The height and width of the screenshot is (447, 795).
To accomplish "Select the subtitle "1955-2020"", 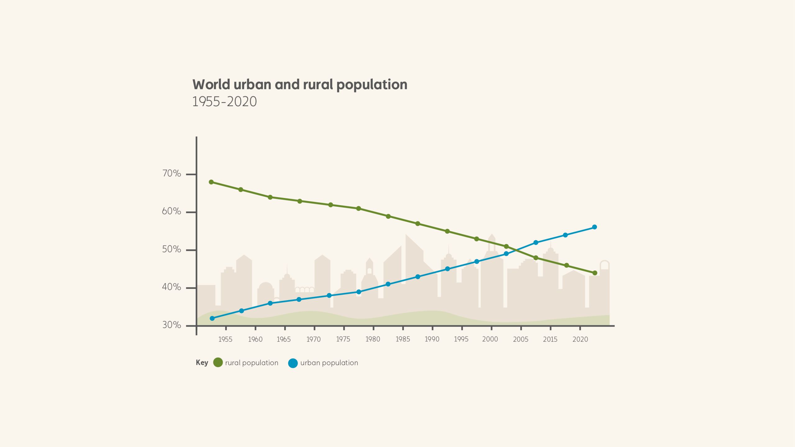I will tap(225, 102).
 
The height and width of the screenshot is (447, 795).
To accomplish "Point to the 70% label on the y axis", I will tap(171, 173).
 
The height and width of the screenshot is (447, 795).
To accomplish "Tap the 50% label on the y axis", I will tap(171, 249).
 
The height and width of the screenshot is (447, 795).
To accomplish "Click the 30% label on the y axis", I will tap(171, 325).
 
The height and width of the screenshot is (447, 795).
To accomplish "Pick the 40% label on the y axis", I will tap(171, 287).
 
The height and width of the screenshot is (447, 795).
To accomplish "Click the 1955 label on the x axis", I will tap(225, 339).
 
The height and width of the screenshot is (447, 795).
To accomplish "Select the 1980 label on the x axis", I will tap(373, 339).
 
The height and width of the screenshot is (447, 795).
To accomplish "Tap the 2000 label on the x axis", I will tap(490, 339).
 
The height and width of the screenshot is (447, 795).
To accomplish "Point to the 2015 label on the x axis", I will tap(550, 339).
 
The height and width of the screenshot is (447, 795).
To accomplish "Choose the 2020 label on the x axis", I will tap(580, 339).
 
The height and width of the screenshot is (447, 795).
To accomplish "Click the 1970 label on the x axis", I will tap(313, 339).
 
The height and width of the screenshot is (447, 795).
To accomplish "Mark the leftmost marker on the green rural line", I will tap(211, 182).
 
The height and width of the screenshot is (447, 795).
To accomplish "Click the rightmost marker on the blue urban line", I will tap(594, 227).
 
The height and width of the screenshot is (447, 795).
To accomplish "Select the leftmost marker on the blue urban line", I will tap(212, 318).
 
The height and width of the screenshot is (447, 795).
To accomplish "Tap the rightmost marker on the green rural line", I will tap(595, 273).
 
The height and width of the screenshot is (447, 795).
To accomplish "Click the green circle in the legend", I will tap(218, 362).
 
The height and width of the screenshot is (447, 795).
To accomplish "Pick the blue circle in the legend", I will tap(293, 363).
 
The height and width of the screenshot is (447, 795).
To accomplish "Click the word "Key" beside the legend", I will tap(202, 363).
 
